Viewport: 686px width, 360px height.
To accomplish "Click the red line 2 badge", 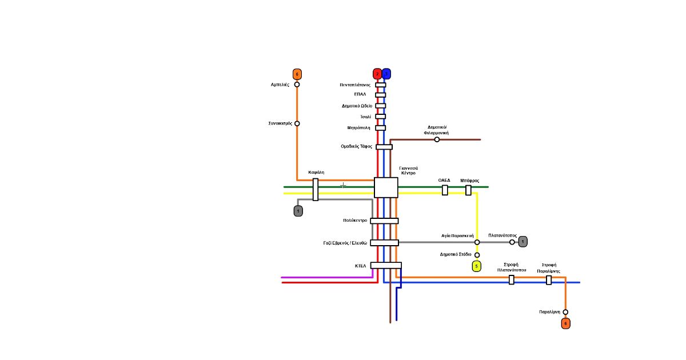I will [x=377, y=74].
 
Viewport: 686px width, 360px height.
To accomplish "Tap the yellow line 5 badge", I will [x=476, y=266].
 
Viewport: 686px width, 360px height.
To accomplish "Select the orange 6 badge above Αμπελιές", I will [x=297, y=74].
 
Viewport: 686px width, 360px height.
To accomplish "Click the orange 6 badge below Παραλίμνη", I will [x=566, y=323].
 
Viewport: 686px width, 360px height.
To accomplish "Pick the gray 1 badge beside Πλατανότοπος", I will [x=523, y=242].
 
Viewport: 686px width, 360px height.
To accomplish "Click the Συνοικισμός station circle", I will [x=297, y=123].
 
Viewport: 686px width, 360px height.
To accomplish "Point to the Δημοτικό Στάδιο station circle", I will [x=477, y=255].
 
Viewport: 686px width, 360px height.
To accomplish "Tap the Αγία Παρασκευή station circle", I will [x=477, y=242].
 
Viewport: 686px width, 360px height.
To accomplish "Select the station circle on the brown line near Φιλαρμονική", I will [x=437, y=139].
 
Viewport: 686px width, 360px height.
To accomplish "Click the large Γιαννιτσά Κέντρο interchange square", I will [x=386, y=187].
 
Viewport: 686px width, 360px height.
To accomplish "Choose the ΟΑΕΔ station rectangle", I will [x=445, y=190].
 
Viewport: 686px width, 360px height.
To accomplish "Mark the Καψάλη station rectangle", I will [x=316, y=190].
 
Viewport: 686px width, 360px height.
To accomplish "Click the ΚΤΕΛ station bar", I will [x=386, y=265].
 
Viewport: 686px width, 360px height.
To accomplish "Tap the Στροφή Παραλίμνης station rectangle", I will [x=549, y=280].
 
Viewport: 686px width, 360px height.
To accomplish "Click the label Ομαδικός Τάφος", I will [x=357, y=147].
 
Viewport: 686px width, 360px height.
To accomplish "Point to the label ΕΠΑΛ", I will [x=360, y=94].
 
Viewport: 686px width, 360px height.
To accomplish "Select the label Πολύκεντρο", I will [x=355, y=221].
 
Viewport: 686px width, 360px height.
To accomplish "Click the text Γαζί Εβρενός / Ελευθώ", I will [x=345, y=243].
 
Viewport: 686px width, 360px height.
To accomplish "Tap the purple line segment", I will [x=326, y=278].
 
